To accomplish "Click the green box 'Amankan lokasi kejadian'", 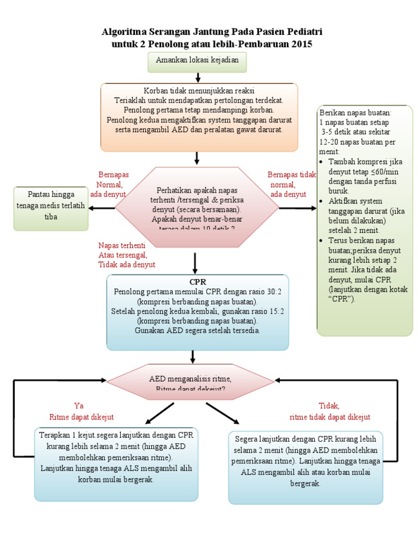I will pyautogui.click(x=198, y=62).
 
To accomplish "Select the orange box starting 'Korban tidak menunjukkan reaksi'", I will pyautogui.click(x=199, y=116).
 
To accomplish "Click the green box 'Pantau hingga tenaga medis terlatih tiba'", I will pyautogui.click(x=50, y=208).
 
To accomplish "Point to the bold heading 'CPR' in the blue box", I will pyautogui.click(x=198, y=282).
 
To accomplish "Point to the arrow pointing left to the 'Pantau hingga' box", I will pyautogui.click(x=101, y=208).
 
